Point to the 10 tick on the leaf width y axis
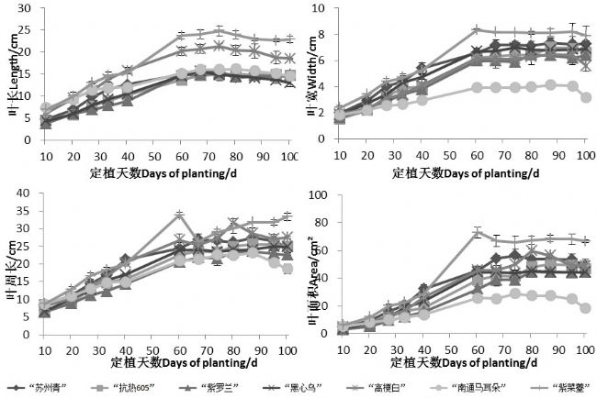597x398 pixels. click(x=325, y=8)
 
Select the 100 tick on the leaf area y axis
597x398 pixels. click(x=322, y=195)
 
